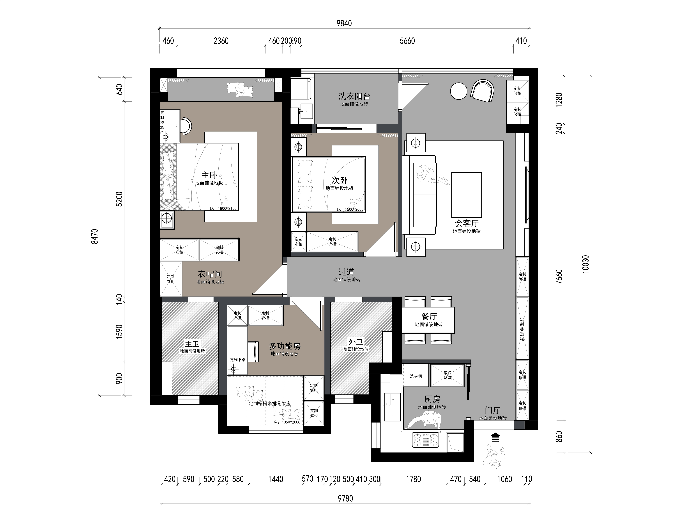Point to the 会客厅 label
point(467,223)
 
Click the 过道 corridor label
point(346,272)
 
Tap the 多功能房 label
point(285,346)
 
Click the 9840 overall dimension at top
point(344,23)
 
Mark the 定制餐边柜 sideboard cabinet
point(522,329)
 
